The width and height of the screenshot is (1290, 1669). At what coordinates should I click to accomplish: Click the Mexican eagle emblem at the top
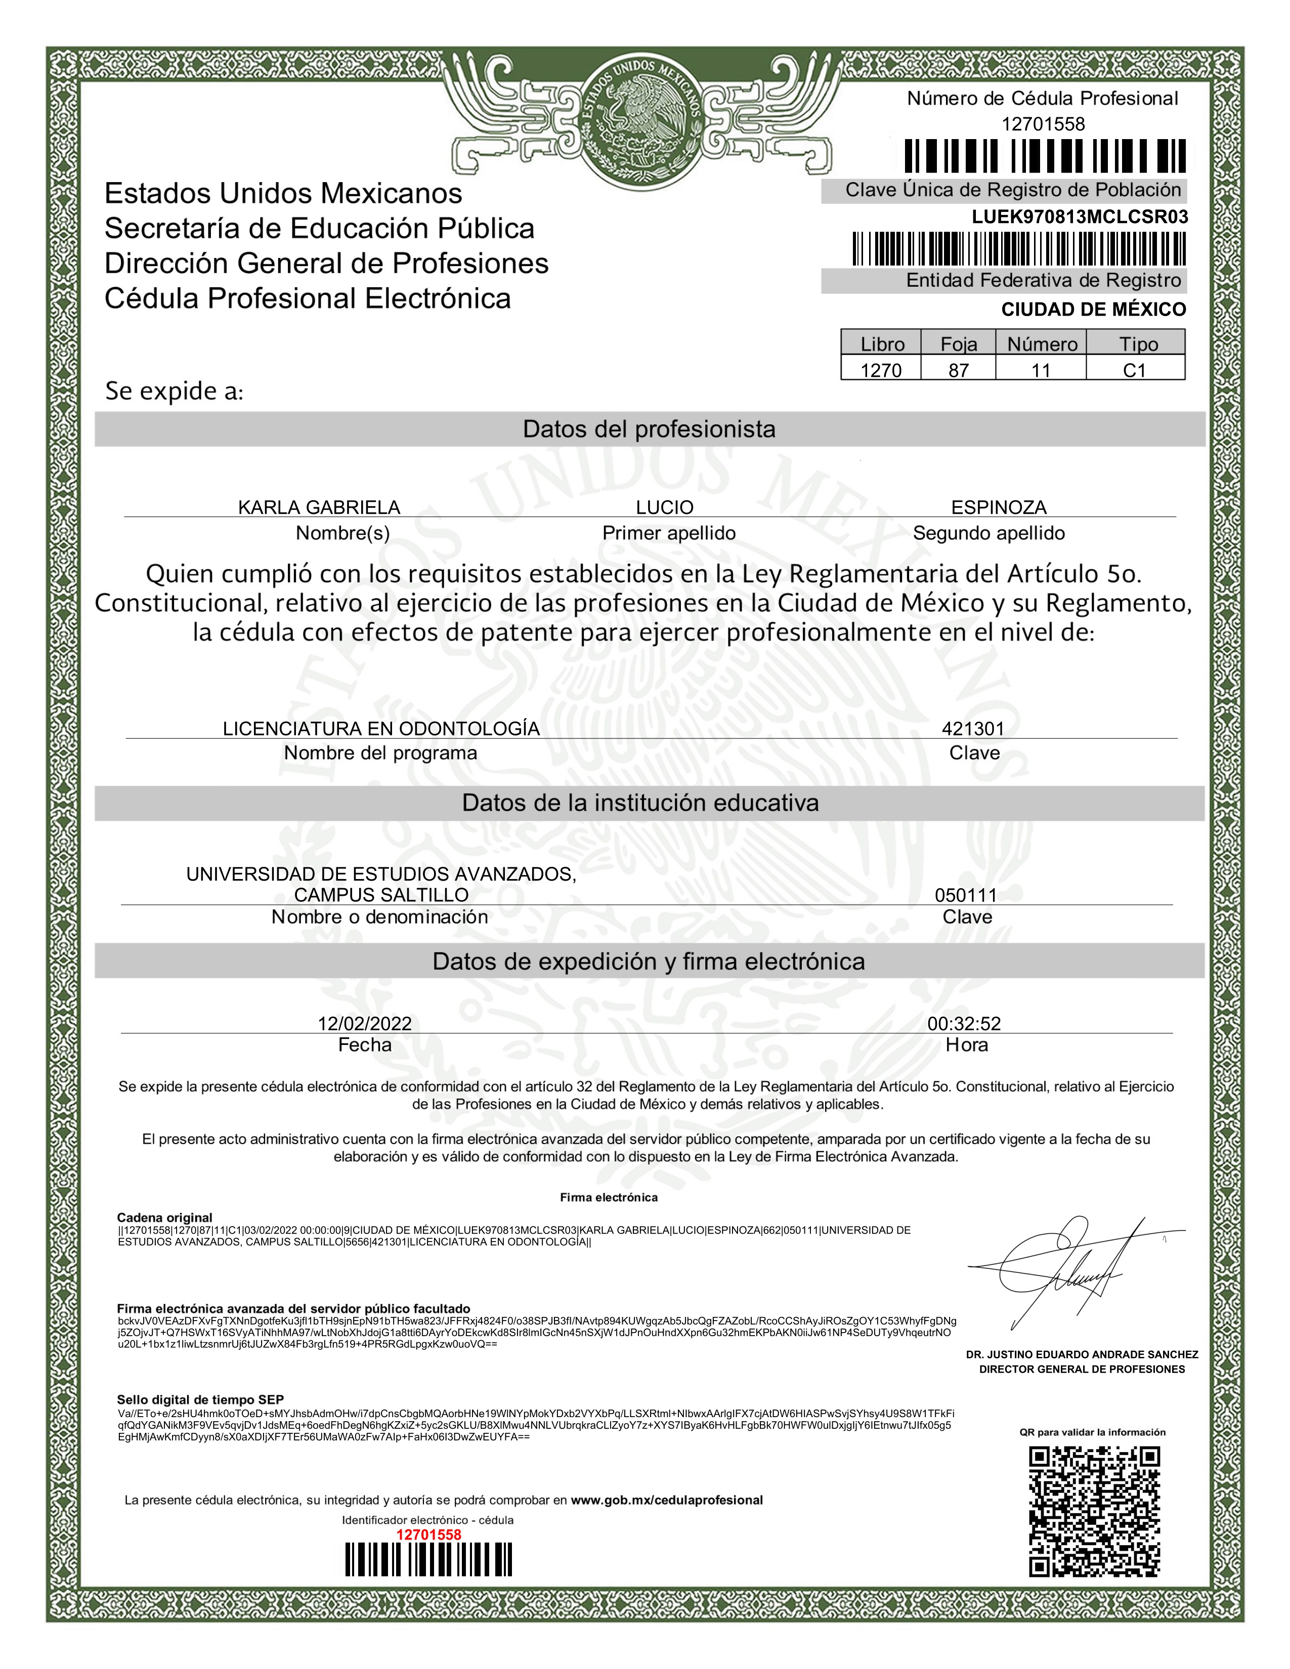tap(640, 122)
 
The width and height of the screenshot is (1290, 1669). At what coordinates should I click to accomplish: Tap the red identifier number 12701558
tap(428, 1534)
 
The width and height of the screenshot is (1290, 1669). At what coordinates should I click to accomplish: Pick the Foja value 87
tap(958, 371)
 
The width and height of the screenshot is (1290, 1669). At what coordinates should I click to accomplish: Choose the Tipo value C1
tap(1134, 371)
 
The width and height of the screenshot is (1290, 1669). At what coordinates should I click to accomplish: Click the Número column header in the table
tap(1042, 344)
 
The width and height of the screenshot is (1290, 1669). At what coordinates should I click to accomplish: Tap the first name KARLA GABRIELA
tap(319, 507)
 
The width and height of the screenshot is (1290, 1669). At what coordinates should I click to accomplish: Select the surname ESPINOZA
tap(998, 507)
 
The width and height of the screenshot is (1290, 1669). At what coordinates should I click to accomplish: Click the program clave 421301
tap(972, 728)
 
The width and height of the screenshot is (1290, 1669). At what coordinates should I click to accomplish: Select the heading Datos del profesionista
tap(649, 429)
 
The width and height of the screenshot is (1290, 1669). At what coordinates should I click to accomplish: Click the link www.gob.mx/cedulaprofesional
tap(666, 1500)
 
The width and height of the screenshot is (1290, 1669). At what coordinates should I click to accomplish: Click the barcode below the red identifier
tap(428, 1560)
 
